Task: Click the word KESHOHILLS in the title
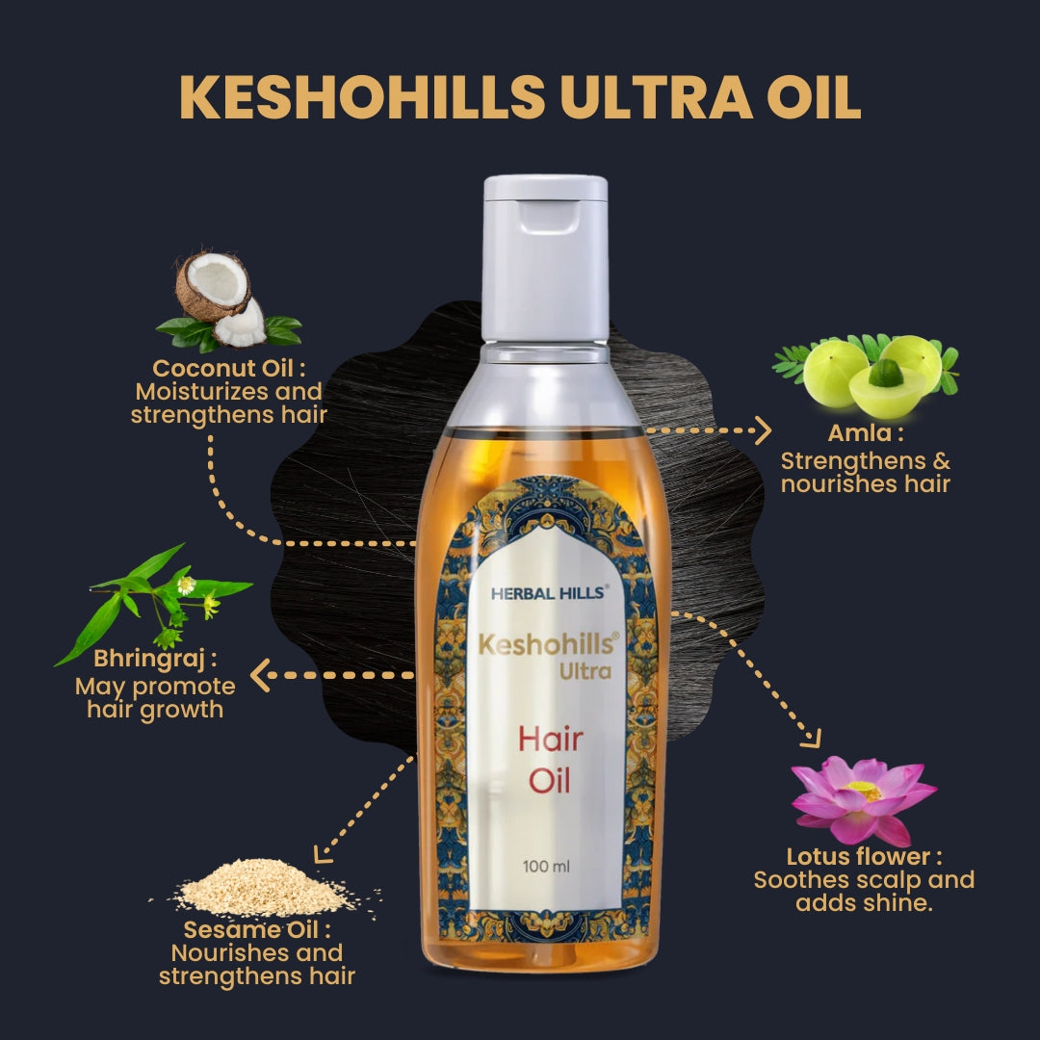pyautogui.click(x=362, y=96)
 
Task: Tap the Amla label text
pyautogui.click(x=866, y=435)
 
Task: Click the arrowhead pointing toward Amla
pyautogui.click(x=763, y=430)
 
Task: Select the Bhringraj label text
pyautogui.click(x=155, y=661)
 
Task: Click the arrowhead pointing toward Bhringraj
pyautogui.click(x=259, y=675)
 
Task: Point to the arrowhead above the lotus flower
pyautogui.click(x=811, y=738)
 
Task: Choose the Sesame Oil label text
pyautogui.click(x=257, y=930)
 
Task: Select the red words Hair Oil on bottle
pyautogui.click(x=550, y=760)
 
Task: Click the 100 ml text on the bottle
pyautogui.click(x=547, y=866)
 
